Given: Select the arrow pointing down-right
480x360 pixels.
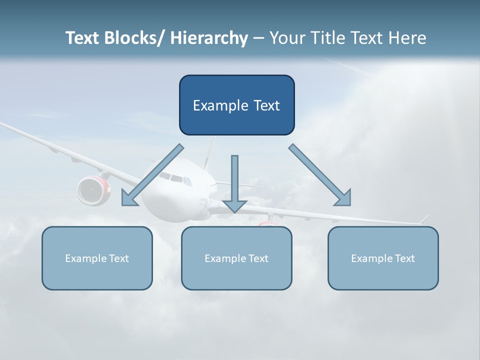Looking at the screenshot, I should pyautogui.click(x=320, y=175).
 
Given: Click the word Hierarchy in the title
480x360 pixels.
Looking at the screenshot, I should pyautogui.click(x=209, y=38).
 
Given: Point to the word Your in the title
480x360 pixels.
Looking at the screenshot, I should pyautogui.click(x=287, y=38).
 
